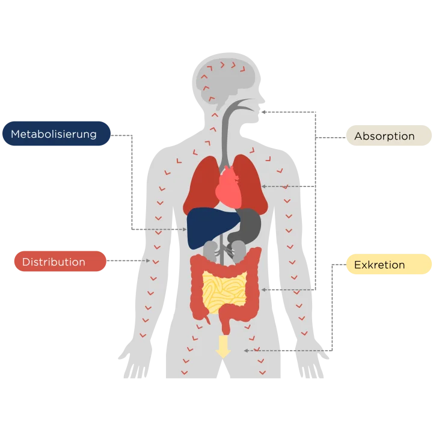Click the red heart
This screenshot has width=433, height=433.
click(x=230, y=185)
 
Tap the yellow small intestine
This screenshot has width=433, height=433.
click(x=224, y=290)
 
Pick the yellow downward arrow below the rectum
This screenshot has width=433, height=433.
click(x=223, y=347)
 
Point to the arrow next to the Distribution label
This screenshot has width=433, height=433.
click(x=144, y=261)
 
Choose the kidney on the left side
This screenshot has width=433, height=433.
click(x=210, y=249)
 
